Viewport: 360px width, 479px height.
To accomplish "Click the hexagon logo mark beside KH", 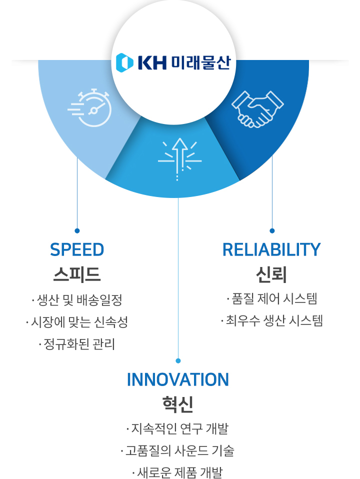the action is pos(124,62).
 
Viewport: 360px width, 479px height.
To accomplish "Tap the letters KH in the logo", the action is pos(152,63).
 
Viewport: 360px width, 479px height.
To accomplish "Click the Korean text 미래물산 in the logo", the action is pos(200,63).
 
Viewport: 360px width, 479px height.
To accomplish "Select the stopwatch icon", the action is pos(89,107).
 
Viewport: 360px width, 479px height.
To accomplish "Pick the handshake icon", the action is pos(257,109).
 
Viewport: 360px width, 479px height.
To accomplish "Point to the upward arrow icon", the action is pos(179,159).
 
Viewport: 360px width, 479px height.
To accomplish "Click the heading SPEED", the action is pos(77,249).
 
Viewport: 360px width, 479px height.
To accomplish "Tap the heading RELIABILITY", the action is pos(271,249).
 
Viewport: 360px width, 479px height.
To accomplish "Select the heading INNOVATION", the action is pos(178,379).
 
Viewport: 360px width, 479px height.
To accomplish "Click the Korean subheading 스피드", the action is pos(77,274).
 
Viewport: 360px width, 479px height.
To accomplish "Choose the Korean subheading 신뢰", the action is pos(271,274).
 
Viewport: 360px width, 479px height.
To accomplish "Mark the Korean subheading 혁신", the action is pos(178,404).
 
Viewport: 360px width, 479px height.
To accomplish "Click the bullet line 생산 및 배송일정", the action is pos(77,299).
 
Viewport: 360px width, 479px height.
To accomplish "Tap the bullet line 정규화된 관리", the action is pos(77,344).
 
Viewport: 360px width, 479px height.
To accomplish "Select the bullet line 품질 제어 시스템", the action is pos(272,298).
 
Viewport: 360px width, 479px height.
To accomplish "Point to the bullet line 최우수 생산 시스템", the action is pos(272,320).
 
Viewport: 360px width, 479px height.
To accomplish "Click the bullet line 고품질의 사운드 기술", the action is pos(177,450).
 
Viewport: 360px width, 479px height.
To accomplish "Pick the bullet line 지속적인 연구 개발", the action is pos(177,428).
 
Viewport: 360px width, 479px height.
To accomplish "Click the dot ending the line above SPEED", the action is pos(77,230).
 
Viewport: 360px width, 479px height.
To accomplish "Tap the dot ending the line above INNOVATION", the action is pos(178,361).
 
